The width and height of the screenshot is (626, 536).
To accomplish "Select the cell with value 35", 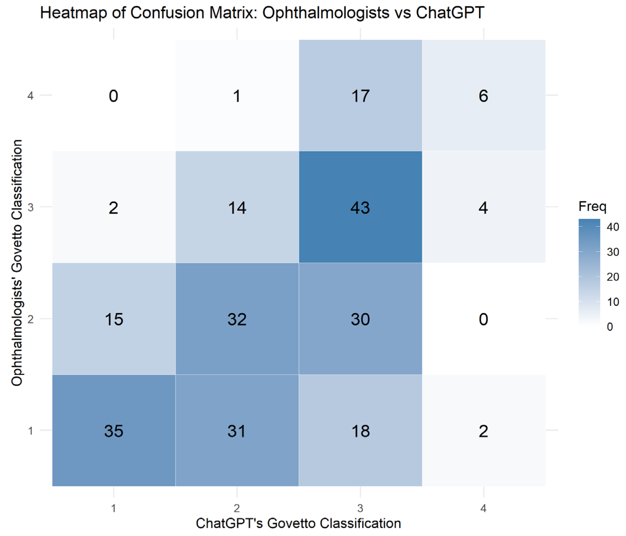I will (x=114, y=431).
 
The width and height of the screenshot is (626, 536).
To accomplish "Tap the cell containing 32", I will (x=237, y=319).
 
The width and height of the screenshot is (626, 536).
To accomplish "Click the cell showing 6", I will (x=483, y=96).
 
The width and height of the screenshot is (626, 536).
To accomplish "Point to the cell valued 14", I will (x=237, y=207).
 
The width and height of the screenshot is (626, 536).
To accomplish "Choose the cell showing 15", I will (x=114, y=319).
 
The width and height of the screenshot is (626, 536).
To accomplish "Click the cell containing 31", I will (x=237, y=431).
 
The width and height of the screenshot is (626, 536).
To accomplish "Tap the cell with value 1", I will (x=237, y=96).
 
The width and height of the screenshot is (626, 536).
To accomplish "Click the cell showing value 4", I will (x=483, y=207).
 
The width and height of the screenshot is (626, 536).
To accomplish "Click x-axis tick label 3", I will (x=360, y=509).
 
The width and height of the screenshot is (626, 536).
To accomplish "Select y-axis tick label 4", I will (x=30, y=96).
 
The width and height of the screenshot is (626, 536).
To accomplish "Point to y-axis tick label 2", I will (x=30, y=319).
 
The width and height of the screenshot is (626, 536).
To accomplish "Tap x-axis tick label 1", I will (x=114, y=509).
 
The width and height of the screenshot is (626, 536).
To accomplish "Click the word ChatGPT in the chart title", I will (x=450, y=13).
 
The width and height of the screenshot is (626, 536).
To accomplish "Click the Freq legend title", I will (x=592, y=207).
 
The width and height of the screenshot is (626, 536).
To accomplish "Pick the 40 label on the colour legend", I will (x=613, y=227).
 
